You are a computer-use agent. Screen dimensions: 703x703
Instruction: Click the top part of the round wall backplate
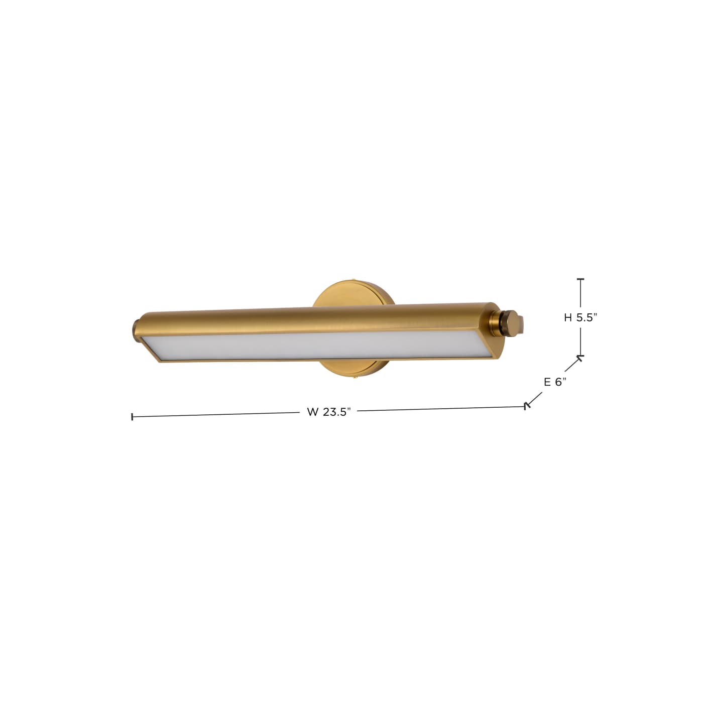[354, 294]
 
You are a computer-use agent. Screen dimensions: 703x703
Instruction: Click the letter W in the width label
[312, 412]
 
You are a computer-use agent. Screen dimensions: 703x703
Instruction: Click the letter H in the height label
[567, 318]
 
